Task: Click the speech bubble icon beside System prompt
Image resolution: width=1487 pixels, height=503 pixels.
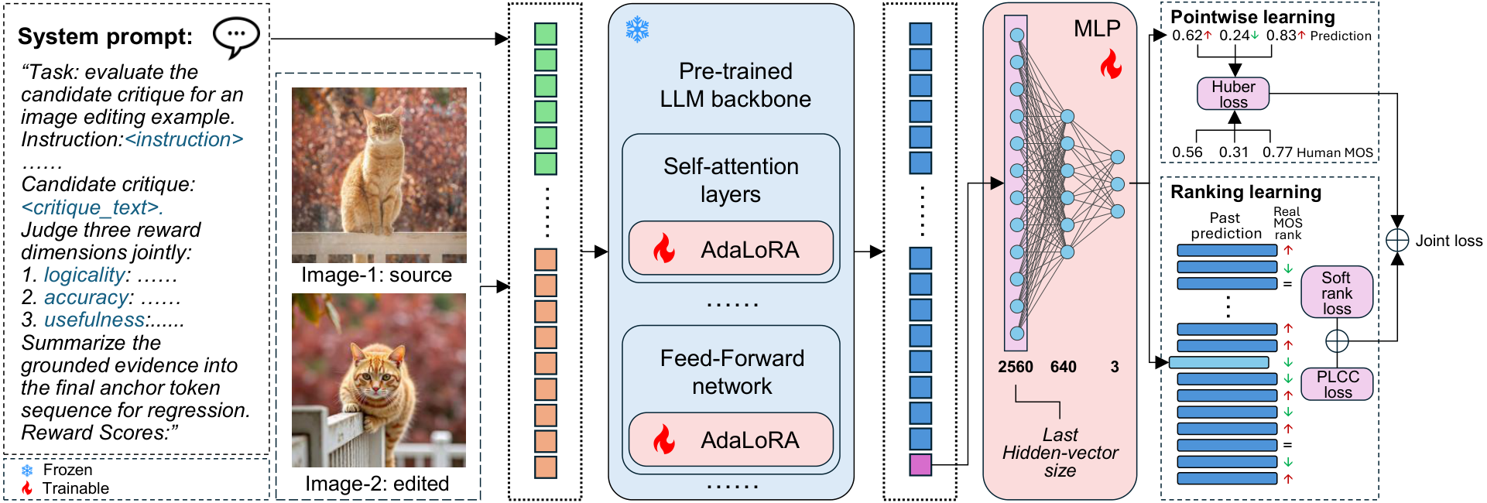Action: pos(236,38)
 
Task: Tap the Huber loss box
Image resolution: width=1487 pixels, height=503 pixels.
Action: pos(1233,94)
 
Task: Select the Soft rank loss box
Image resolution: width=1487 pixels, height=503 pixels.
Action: pos(1337,293)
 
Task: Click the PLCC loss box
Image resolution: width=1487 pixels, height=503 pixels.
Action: pos(1337,384)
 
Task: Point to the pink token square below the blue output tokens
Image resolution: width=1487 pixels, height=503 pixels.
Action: pos(920,464)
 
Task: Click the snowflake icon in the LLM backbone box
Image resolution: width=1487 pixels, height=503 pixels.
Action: pos(638,30)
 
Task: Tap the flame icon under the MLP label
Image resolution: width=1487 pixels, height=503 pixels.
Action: pos(1111,65)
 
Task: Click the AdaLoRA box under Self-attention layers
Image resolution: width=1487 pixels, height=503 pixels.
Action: pos(731,248)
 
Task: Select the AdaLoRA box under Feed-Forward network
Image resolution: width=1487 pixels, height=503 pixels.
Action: pos(731,440)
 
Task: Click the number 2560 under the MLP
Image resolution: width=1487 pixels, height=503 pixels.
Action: pos(1016,367)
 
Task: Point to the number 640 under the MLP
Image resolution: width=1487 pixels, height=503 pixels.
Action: pos(1063,367)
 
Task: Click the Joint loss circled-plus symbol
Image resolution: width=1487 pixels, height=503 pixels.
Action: pos(1397,240)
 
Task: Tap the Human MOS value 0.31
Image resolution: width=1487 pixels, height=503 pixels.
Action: pos(1234,152)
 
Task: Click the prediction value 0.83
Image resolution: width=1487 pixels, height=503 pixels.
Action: pos(1281,36)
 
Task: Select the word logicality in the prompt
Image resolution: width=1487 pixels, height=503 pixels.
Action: pos(84,275)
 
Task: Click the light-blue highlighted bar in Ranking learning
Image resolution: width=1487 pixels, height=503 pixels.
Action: pos(1218,362)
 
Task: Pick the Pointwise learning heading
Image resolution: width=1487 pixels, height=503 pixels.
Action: pos(1252,17)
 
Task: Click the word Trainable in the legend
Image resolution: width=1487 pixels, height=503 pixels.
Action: pos(76,488)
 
